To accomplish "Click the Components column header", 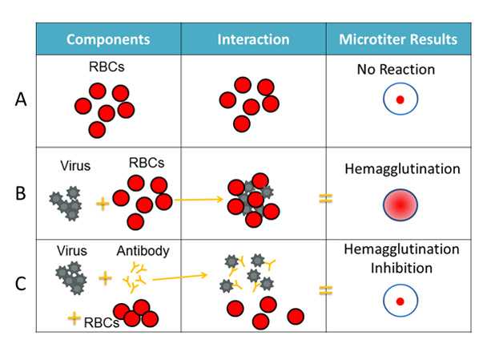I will tap(108, 39).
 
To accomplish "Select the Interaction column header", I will tap(253, 39).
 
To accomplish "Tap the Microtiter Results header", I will tap(398, 39).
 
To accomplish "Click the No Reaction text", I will tap(396, 70).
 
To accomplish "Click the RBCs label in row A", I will tap(107, 69).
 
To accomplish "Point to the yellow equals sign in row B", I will tap(325, 198).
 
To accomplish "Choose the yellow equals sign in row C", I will tap(325, 289).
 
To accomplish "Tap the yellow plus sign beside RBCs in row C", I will tap(74, 319).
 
